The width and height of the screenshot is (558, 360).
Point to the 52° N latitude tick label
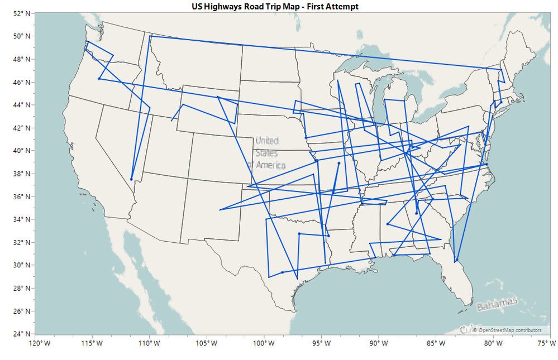(21, 13)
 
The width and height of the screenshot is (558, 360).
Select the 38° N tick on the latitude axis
(21, 174)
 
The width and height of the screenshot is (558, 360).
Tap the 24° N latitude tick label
(21, 334)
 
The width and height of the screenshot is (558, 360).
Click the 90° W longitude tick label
(378, 343)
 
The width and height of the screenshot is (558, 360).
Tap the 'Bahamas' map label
(497, 305)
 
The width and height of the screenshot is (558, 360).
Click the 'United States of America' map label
(266, 152)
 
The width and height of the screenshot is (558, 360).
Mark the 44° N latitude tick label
(21, 105)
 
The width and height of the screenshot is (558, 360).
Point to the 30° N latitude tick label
(21, 265)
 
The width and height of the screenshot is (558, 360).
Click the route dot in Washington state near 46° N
(99, 79)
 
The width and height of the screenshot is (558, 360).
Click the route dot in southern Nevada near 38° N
(131, 179)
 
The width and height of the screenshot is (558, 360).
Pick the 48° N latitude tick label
(21, 59)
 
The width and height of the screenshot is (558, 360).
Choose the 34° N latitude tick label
(21, 219)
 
